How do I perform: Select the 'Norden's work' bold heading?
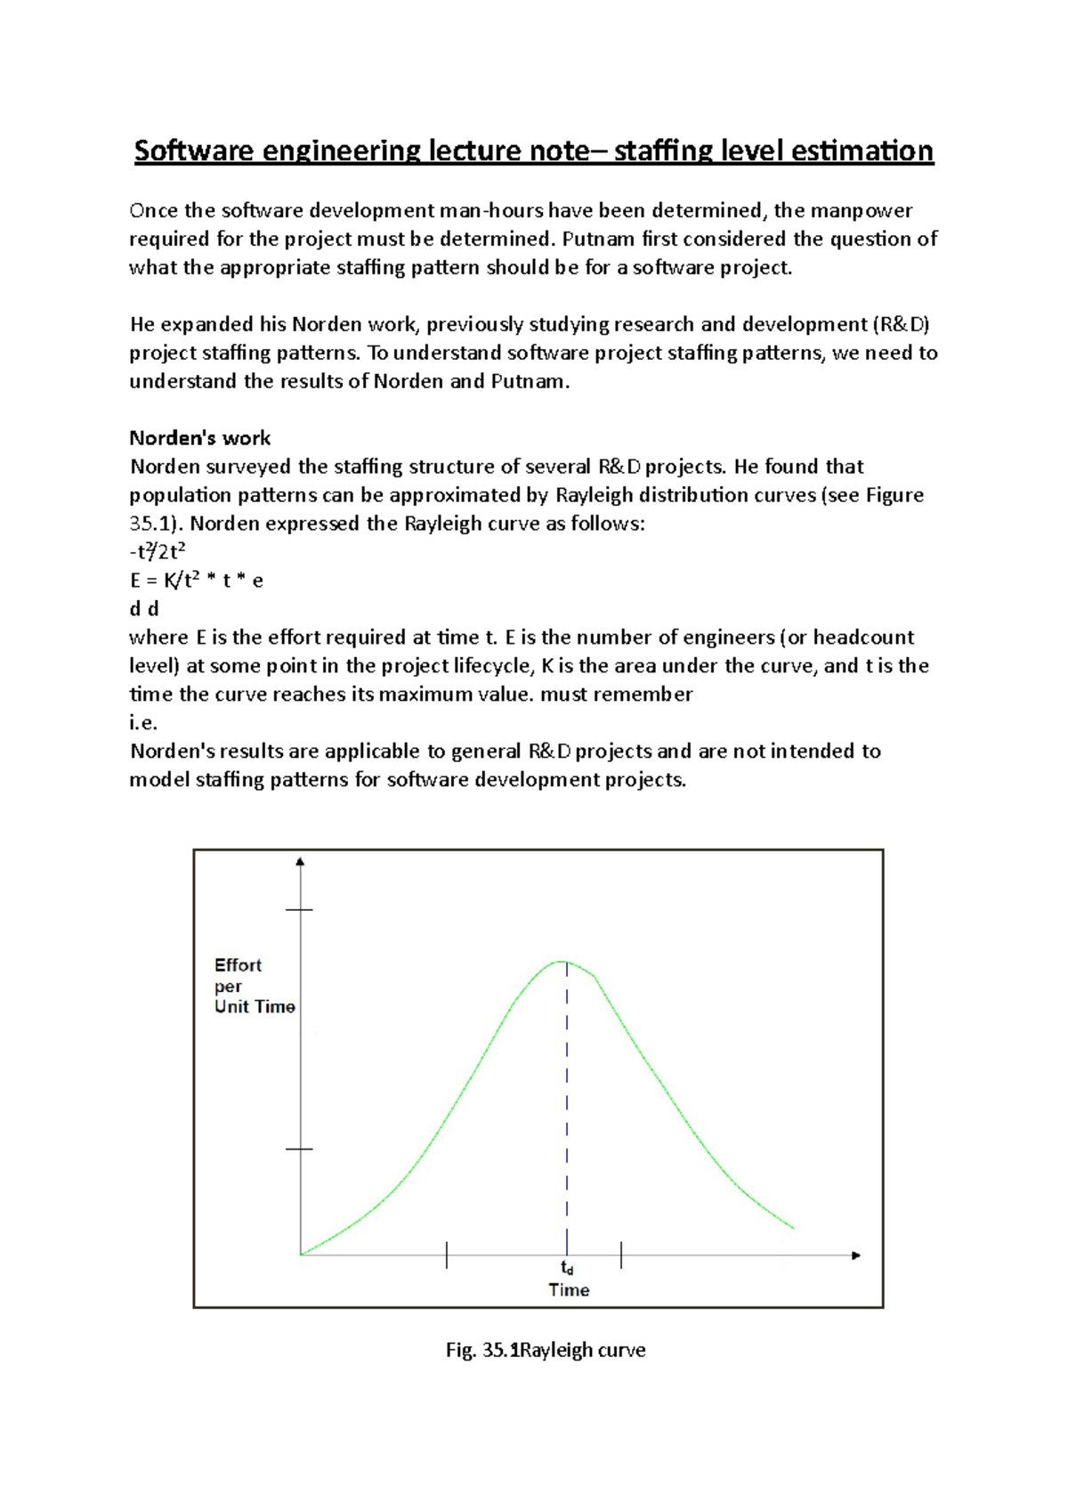(199, 438)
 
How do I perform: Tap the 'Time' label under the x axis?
(569, 1289)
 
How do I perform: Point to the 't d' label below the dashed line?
(567, 1268)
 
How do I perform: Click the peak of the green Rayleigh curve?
(563, 962)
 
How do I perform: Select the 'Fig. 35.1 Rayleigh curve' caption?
(545, 1350)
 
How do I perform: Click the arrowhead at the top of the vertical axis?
(301, 862)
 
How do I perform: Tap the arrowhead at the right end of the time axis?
(856, 1256)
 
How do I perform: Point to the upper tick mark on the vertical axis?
(300, 910)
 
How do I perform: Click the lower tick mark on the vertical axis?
(300, 1149)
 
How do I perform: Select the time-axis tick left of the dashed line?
(447, 1256)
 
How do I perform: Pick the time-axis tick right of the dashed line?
(621, 1256)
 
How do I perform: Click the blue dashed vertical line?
(567, 1104)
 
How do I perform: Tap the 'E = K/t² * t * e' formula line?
(196, 581)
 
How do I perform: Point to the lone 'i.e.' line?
(143, 723)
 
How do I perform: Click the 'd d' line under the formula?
(143, 609)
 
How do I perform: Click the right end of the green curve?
(792, 1228)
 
